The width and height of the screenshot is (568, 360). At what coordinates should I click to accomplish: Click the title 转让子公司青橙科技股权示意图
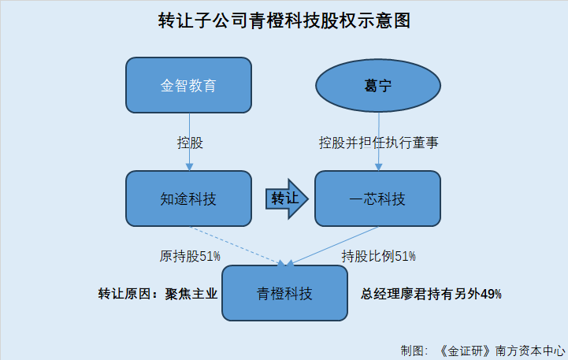coord(284,20)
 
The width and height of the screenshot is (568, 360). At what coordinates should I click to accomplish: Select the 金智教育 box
coord(188,85)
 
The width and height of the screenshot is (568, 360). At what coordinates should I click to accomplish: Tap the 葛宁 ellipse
coord(378,86)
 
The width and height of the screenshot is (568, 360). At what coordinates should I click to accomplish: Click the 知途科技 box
coord(188,199)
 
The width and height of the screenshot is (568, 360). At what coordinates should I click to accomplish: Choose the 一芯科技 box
coord(377,199)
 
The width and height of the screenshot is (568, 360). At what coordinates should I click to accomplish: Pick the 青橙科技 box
coord(284,293)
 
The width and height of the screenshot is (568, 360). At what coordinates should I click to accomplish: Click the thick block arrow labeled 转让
coord(287,199)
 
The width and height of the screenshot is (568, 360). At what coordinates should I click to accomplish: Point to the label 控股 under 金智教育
coord(190,143)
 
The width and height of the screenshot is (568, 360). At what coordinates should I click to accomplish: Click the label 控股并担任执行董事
coord(379,143)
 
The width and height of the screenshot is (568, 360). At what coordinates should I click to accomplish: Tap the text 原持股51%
coord(190,257)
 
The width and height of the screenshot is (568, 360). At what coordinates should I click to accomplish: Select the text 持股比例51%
coord(379,257)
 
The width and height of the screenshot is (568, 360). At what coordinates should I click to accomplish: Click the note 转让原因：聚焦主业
coord(158,294)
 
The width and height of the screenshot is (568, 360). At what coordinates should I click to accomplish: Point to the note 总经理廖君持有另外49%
coord(431,294)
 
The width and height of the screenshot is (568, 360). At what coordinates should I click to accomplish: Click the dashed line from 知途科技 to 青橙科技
coord(236,245)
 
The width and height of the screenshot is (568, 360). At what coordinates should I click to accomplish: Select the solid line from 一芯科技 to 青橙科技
coord(333,245)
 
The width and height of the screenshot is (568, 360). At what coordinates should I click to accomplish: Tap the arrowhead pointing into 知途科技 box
coord(189,167)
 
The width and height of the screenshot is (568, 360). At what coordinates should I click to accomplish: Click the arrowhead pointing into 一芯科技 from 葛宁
coord(379,167)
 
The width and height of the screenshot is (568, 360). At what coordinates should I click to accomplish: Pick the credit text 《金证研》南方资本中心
coord(502,351)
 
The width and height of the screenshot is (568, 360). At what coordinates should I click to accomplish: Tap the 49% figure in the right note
coord(492,294)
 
